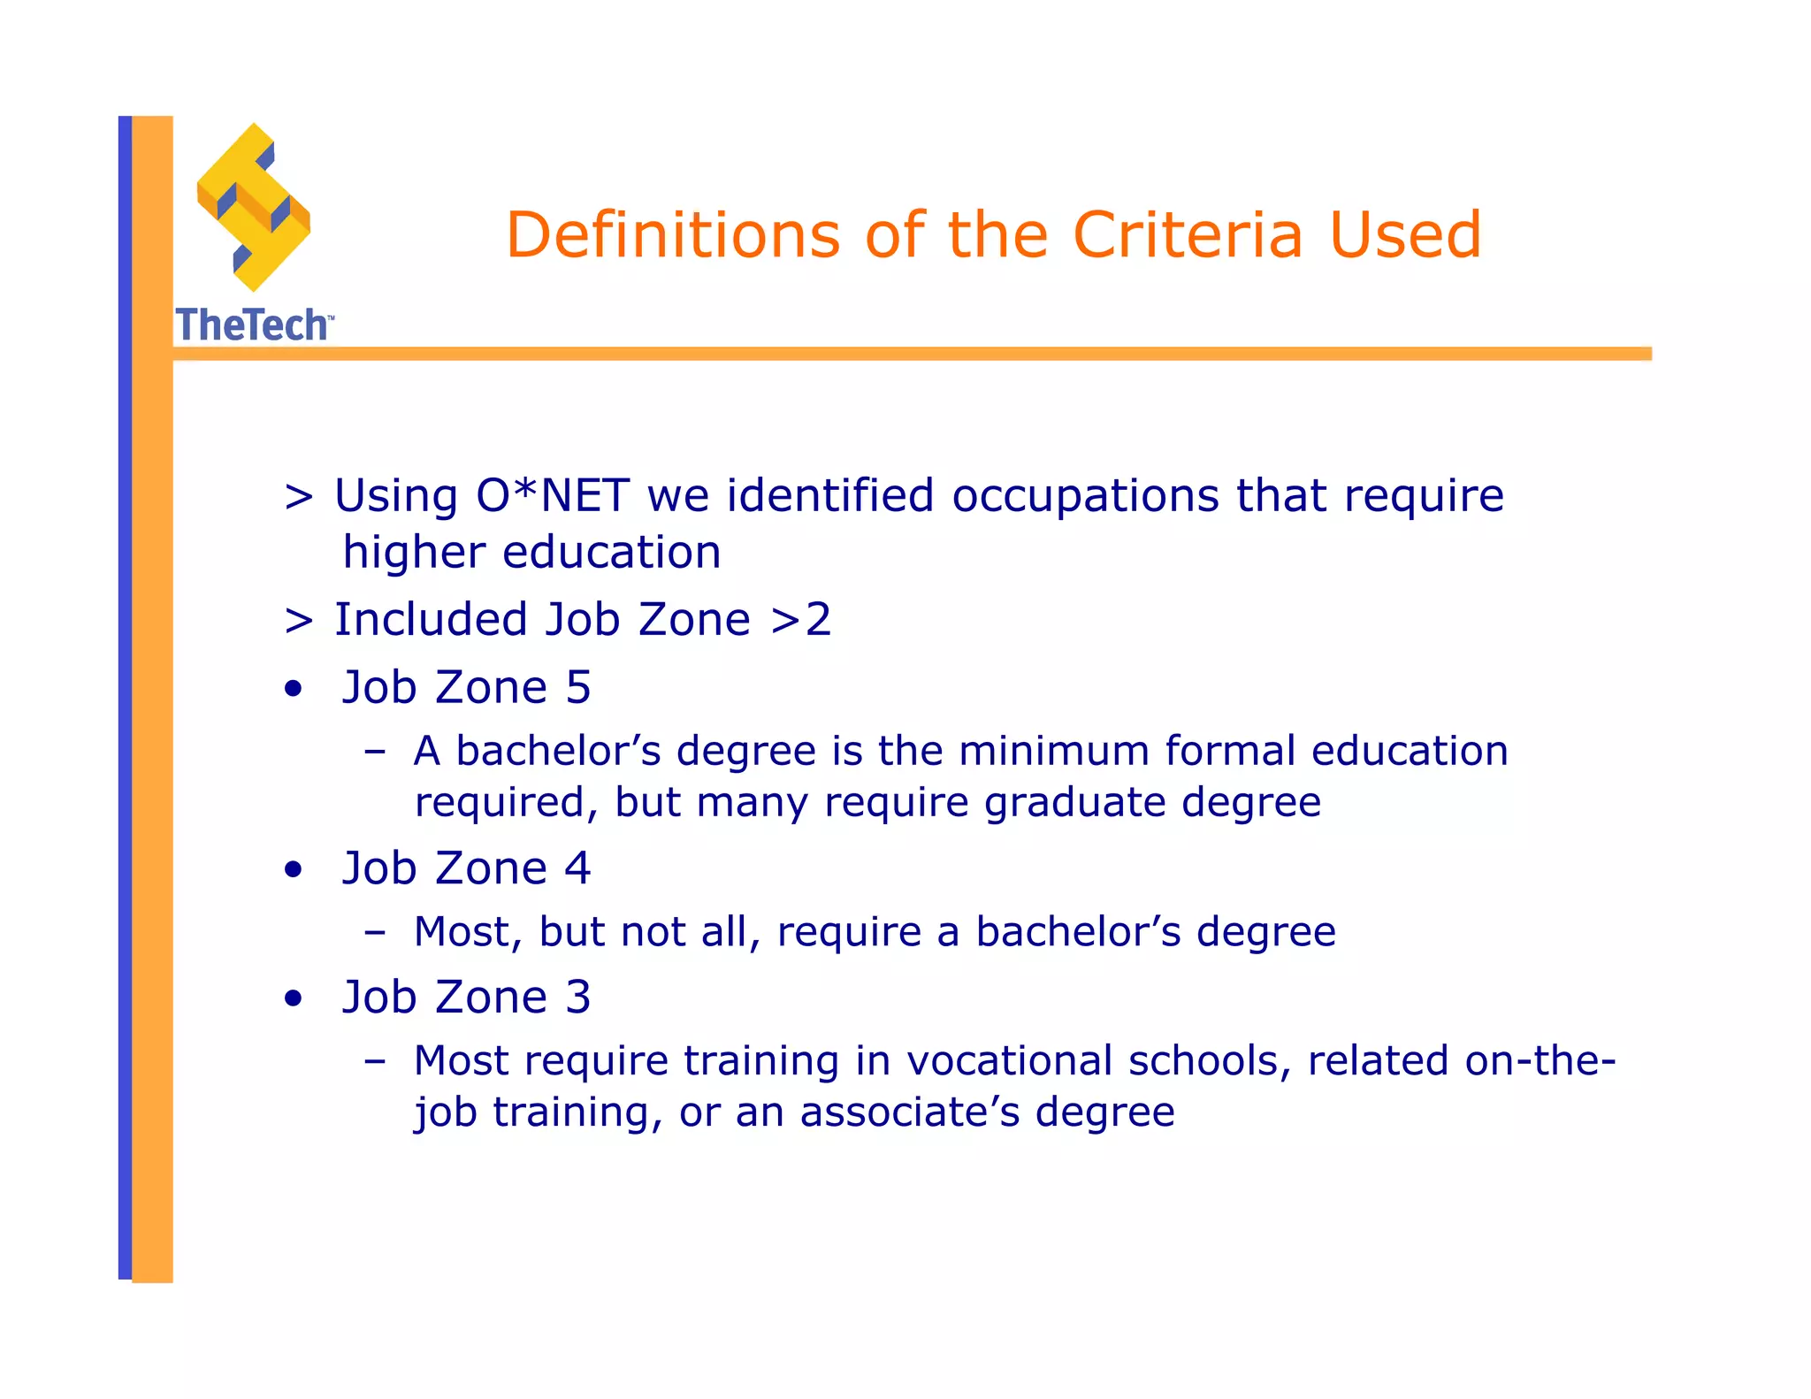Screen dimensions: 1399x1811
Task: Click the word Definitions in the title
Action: [x=672, y=235]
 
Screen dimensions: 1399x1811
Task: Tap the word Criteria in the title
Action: [x=1188, y=235]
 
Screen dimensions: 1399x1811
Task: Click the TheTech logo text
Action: [x=253, y=325]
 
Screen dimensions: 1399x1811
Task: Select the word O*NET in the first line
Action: [x=553, y=495]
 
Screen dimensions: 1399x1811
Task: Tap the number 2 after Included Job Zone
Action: [x=818, y=619]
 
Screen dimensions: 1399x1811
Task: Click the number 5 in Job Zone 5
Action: [x=578, y=688]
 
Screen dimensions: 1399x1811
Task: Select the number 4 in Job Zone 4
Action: [x=577, y=868]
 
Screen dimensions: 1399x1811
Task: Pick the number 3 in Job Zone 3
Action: [x=577, y=998]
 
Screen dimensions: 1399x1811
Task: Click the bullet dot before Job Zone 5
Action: [x=294, y=690]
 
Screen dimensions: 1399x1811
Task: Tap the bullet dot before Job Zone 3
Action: [x=294, y=999]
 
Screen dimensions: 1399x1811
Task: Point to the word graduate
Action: [x=1074, y=803]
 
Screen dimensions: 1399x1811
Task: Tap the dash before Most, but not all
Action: [x=375, y=932]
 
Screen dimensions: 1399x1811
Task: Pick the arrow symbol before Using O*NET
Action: [x=299, y=497]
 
